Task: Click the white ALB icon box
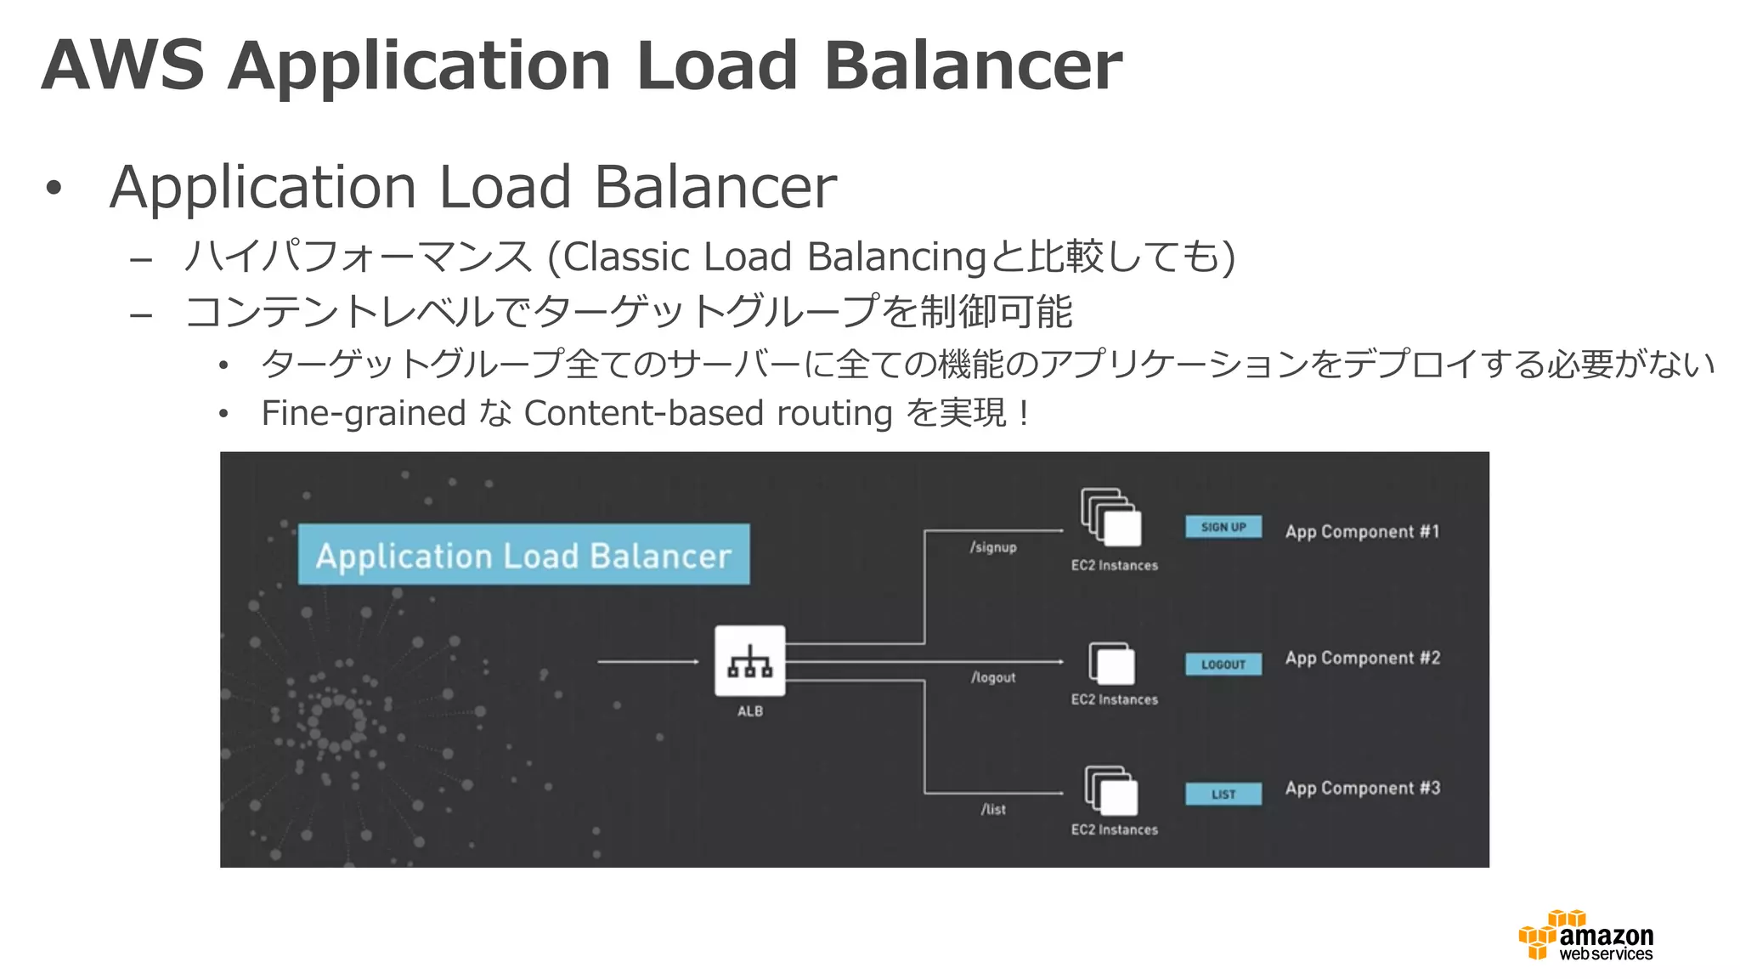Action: point(749,660)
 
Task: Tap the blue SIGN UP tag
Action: point(1223,527)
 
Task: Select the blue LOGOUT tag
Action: point(1223,664)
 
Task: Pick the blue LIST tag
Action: point(1223,794)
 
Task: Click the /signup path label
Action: point(993,547)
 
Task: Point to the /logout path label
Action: point(993,677)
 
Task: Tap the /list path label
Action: point(993,809)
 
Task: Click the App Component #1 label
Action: point(1362,532)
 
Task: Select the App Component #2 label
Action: point(1362,659)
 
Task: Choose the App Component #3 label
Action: point(1362,789)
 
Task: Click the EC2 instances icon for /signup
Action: point(1111,517)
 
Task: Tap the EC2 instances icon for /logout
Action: point(1112,664)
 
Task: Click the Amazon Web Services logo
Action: point(1585,936)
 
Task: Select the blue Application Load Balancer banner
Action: point(523,555)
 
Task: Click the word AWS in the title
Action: point(122,65)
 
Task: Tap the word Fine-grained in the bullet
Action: point(363,414)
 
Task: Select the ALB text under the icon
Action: point(749,711)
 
